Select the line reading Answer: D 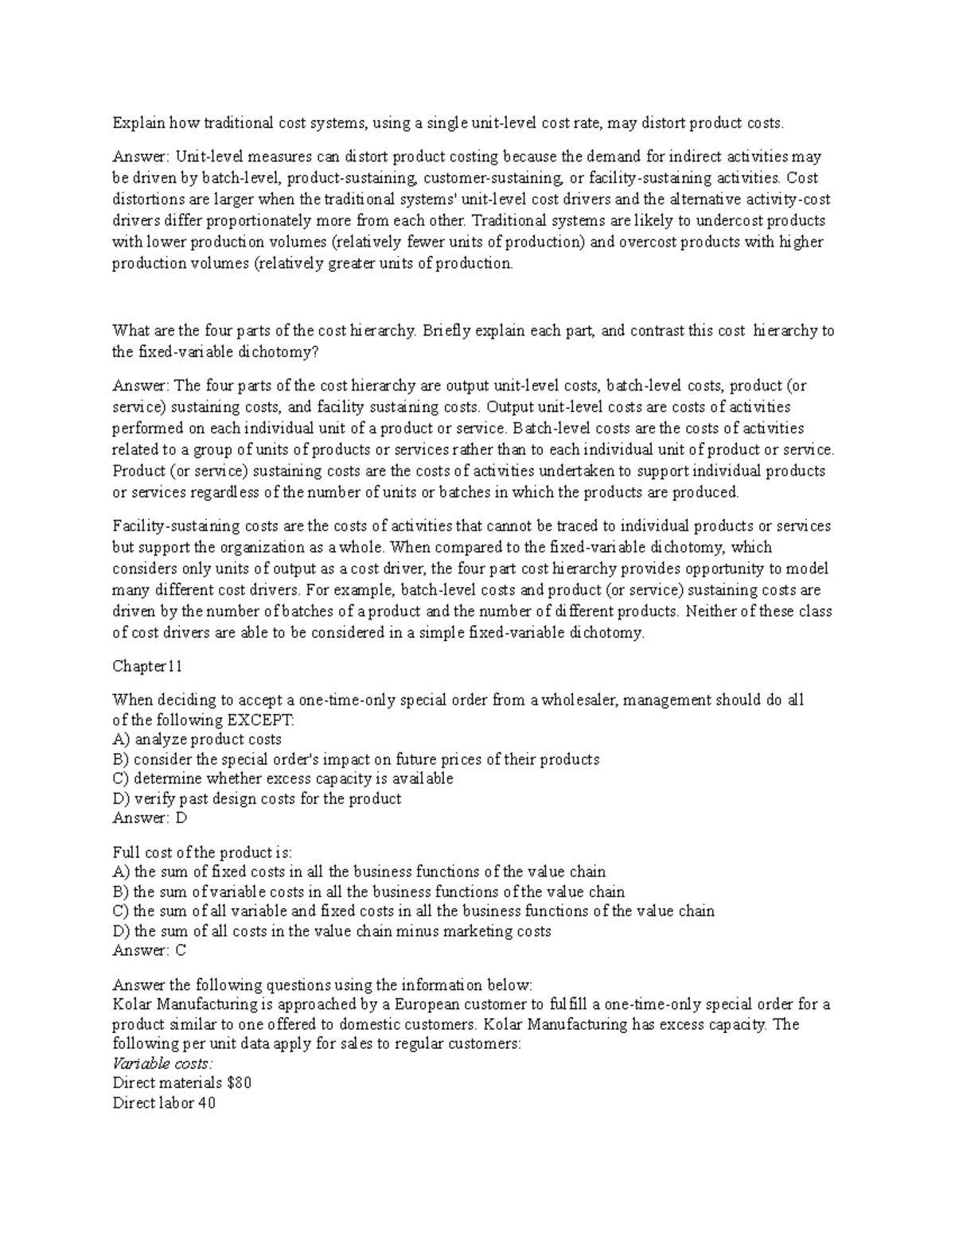[150, 818]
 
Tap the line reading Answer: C [150, 950]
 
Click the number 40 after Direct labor [207, 1103]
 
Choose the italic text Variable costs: [162, 1063]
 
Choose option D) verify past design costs [257, 798]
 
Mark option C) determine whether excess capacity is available [283, 779]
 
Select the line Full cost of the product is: [203, 852]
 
